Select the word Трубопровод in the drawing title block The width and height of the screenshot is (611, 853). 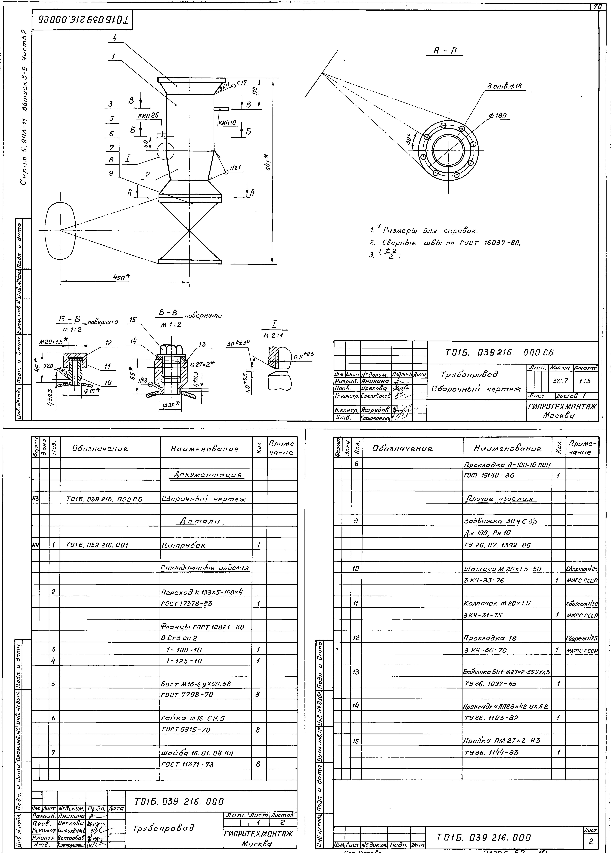(x=470, y=374)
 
